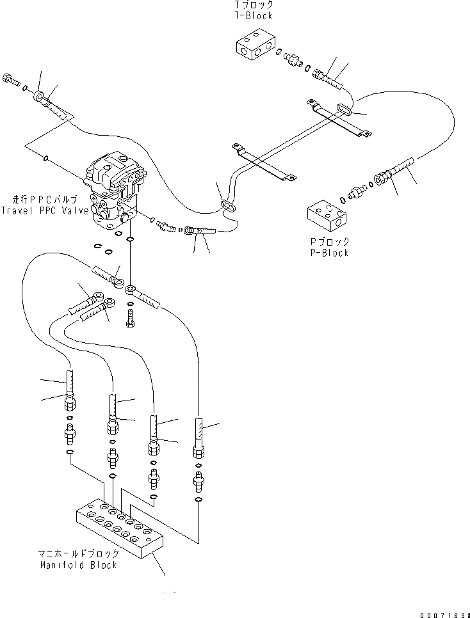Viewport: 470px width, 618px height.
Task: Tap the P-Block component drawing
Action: (328, 218)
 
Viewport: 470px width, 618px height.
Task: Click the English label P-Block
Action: (327, 253)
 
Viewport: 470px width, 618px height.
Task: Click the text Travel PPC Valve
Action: (42, 210)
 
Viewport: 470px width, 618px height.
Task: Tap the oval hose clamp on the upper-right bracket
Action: (344, 109)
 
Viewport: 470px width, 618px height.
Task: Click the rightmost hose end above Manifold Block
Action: (199, 438)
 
